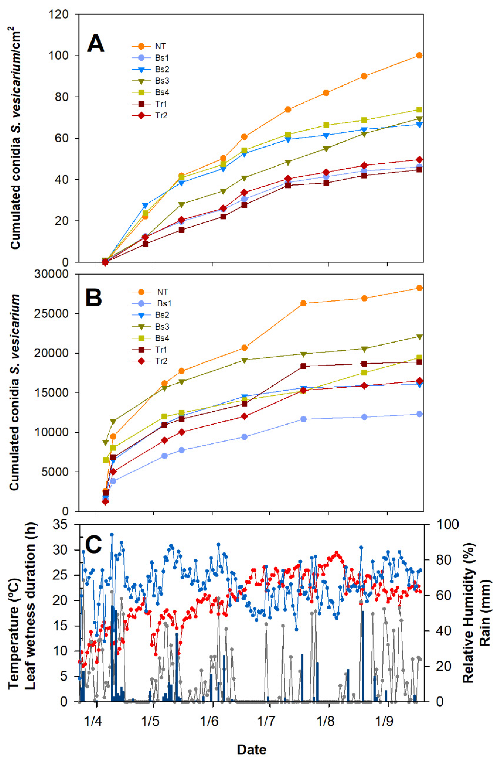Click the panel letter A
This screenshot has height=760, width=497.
[x=96, y=44]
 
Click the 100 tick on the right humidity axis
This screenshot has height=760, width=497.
[x=443, y=525]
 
